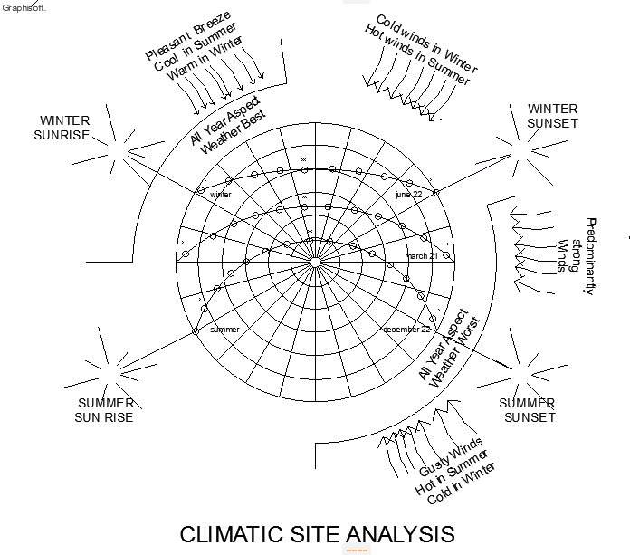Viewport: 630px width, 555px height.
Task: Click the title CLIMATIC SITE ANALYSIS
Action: click(x=317, y=533)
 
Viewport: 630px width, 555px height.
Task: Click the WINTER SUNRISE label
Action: click(x=64, y=128)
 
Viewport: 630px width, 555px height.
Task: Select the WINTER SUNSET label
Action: click(x=552, y=116)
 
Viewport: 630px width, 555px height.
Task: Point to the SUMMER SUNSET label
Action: click(x=527, y=410)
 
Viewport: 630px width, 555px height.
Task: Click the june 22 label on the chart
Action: click(x=408, y=195)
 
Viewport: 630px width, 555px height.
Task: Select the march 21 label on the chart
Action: click(x=421, y=256)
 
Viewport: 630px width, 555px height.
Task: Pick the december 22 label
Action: click(x=406, y=330)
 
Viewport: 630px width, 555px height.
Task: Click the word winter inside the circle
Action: click(x=221, y=195)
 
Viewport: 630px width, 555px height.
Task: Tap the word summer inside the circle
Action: click(x=224, y=330)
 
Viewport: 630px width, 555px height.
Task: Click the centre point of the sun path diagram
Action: click(x=315, y=262)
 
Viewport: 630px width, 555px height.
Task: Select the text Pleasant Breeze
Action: click(x=188, y=36)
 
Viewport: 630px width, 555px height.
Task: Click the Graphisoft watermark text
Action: click(x=24, y=7)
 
